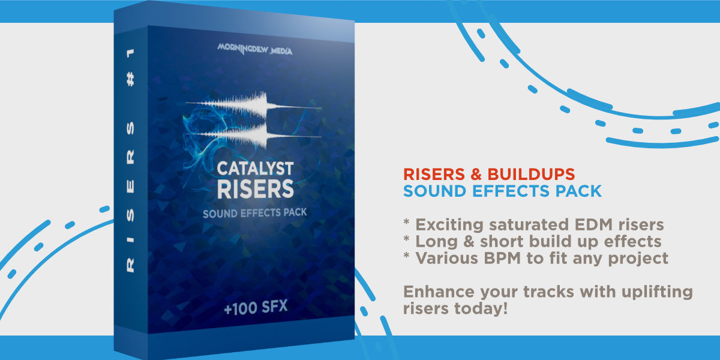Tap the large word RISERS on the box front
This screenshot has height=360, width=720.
pyautogui.click(x=255, y=188)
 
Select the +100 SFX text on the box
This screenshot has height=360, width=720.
pyautogui.click(x=255, y=308)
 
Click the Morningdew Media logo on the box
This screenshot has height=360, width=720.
pyautogui.click(x=255, y=50)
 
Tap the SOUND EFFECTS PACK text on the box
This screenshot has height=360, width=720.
pyautogui.click(x=255, y=213)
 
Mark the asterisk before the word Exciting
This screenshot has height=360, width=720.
pyautogui.click(x=407, y=223)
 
